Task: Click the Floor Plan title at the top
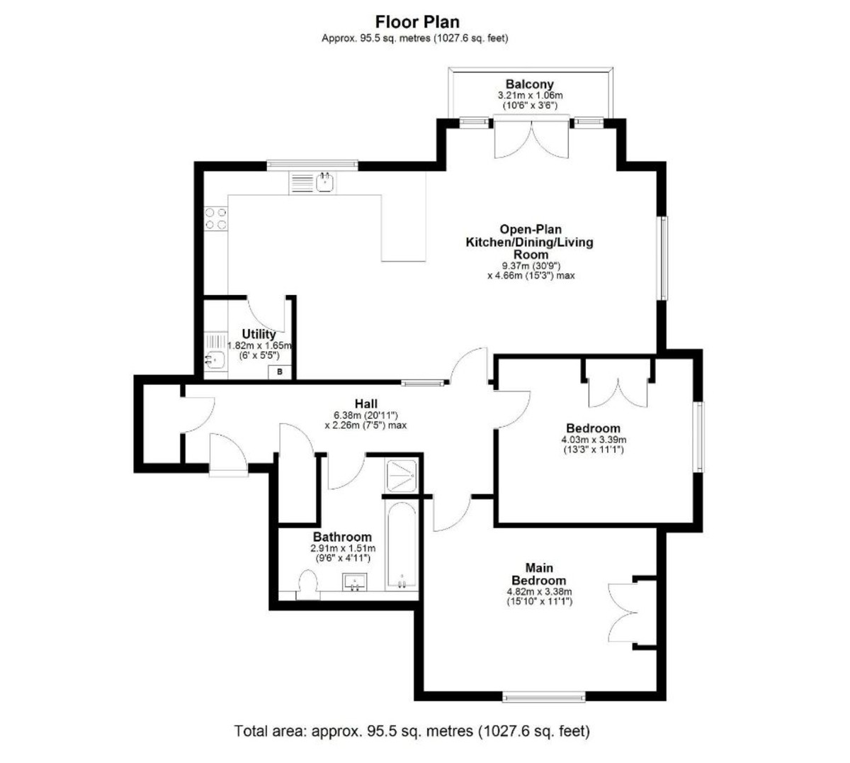[x=417, y=22]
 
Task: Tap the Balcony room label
[x=529, y=84]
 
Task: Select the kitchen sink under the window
[x=325, y=182]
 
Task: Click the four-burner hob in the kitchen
[x=216, y=218]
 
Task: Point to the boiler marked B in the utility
[x=279, y=372]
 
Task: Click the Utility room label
[x=259, y=334]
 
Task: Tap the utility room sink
[x=215, y=360]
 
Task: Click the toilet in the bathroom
[x=308, y=587]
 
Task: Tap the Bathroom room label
[x=342, y=538]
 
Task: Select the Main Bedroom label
[x=540, y=574]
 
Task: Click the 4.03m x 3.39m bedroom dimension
[x=593, y=440]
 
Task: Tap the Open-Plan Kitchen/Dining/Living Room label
[x=529, y=242]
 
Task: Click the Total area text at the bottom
[x=412, y=730]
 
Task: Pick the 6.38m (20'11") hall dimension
[x=365, y=416]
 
